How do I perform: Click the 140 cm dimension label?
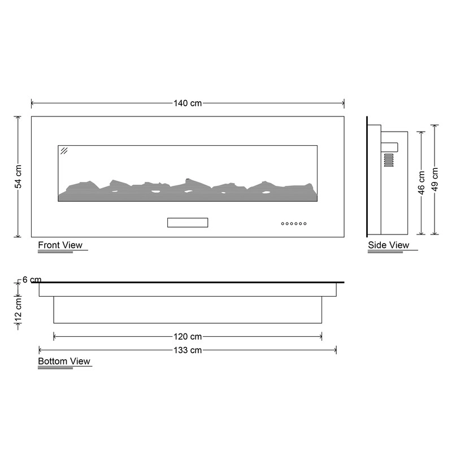pyautogui.click(x=188, y=103)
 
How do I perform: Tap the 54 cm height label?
pyautogui.click(x=18, y=176)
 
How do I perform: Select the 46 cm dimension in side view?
pyautogui.click(x=421, y=182)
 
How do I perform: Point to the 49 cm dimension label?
pyautogui.click(x=435, y=179)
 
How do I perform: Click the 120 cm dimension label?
pyautogui.click(x=188, y=336)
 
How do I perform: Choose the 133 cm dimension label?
pyautogui.click(x=188, y=350)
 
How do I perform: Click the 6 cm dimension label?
pyautogui.click(x=32, y=280)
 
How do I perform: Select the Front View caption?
pyautogui.click(x=60, y=245)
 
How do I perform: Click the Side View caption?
pyautogui.click(x=389, y=245)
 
